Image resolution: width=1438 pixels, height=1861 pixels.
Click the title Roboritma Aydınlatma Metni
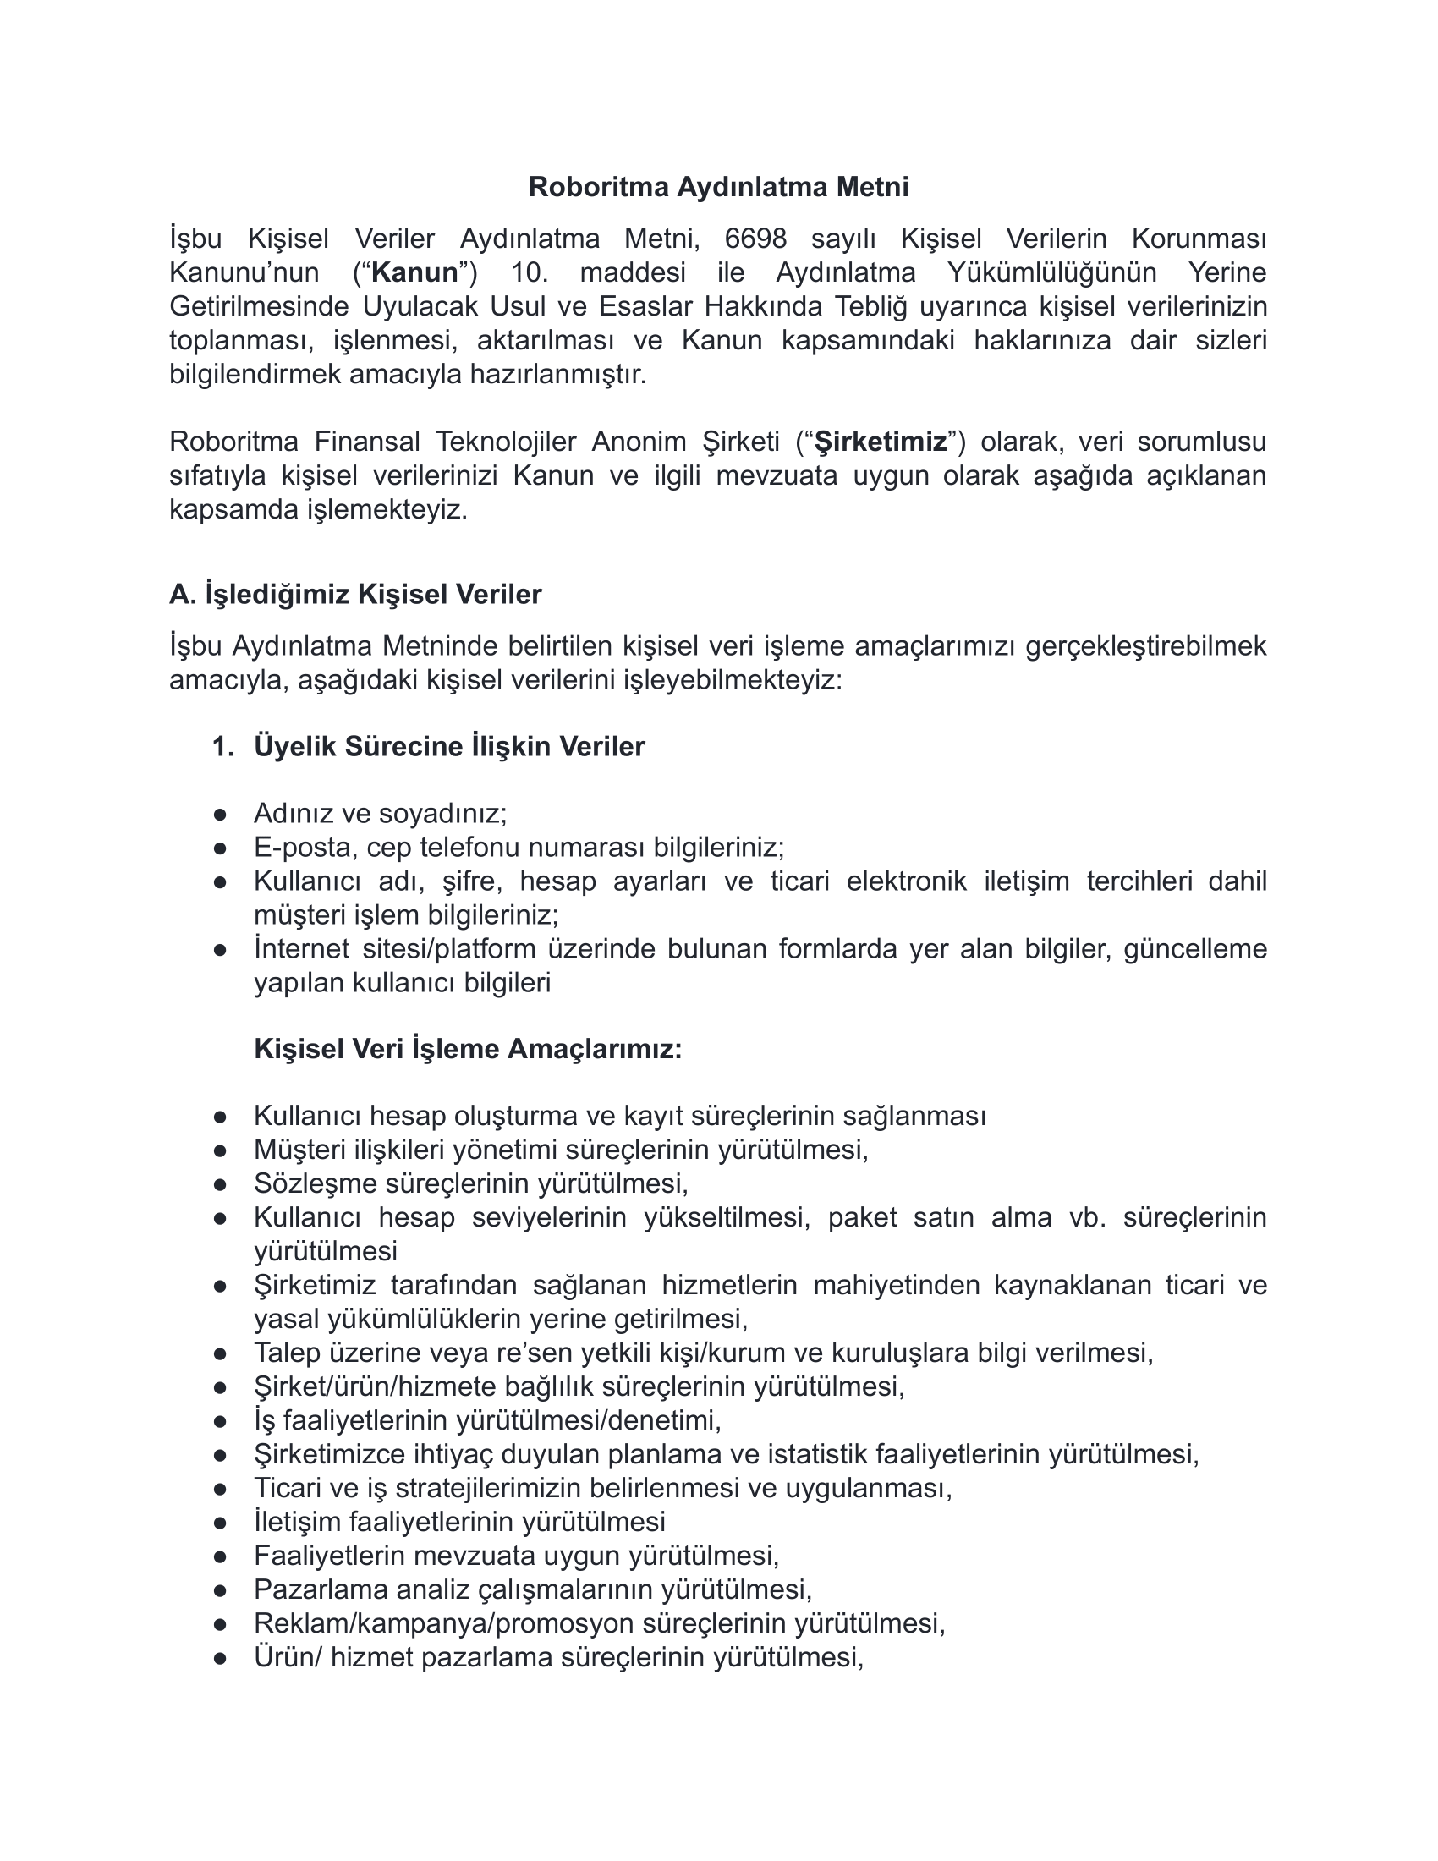pyautogui.click(x=718, y=187)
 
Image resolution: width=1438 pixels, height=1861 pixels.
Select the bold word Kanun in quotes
pyautogui.click(x=414, y=272)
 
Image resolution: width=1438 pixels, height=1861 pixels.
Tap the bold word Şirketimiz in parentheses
pyautogui.click(x=881, y=442)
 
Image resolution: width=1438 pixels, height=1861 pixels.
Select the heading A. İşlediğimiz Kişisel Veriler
pyautogui.click(x=355, y=594)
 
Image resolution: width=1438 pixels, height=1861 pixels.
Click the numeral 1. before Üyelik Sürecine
pyautogui.click(x=222, y=746)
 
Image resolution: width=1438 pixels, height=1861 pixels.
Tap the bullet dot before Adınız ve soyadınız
pyautogui.click(x=220, y=815)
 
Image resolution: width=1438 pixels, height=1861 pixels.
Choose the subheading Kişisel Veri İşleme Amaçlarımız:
pyautogui.click(x=468, y=1049)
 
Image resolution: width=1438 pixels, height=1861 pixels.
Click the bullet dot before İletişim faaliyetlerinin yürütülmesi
pyautogui.click(x=220, y=1523)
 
